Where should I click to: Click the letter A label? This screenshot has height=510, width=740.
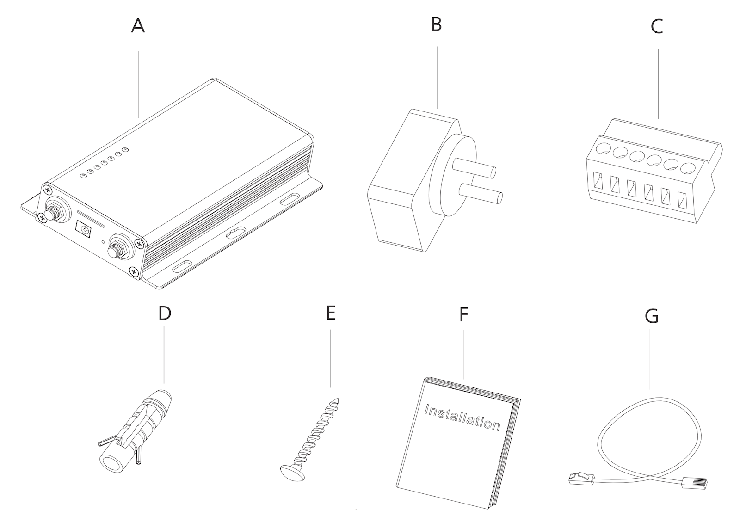[x=138, y=26]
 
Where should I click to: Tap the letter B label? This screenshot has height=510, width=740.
[x=436, y=25]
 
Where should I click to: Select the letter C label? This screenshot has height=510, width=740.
[x=656, y=27]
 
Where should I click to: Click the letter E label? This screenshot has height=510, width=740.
[x=330, y=313]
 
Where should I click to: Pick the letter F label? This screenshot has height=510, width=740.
[x=463, y=315]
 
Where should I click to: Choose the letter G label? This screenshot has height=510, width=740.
[x=651, y=317]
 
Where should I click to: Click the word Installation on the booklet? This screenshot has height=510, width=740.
[x=462, y=417]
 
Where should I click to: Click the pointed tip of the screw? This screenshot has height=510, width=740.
[x=337, y=400]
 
